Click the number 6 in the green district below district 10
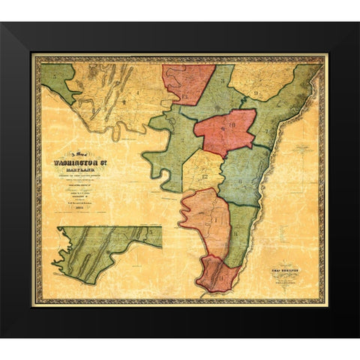click(x=241, y=179)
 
